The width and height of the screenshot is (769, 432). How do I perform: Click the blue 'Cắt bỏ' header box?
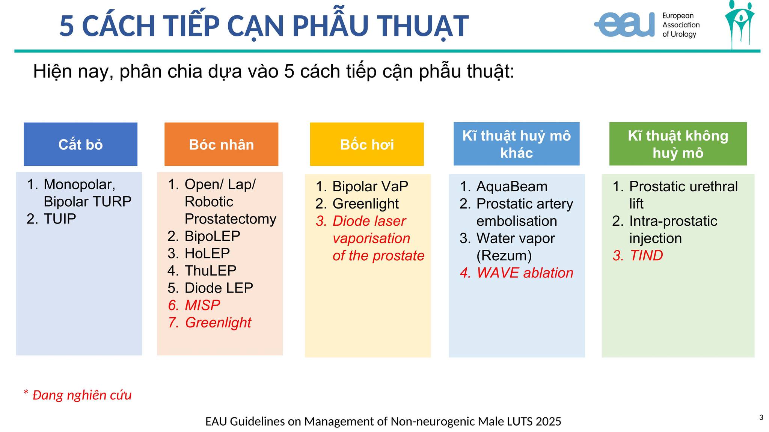pos(80,144)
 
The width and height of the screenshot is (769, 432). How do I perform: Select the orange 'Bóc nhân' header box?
pos(221,144)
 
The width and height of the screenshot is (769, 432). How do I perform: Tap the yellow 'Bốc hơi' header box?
pos(367,144)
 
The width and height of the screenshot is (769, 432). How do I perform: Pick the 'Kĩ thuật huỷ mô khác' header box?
pos(516,144)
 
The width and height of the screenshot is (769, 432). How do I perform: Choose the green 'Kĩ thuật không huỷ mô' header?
pos(678,144)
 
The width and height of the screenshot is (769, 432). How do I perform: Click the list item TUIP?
pos(60,219)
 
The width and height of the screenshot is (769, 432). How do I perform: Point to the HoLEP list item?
pos(207,253)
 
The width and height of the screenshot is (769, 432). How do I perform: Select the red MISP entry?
pos(202,305)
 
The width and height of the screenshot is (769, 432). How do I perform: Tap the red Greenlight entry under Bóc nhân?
pos(218,323)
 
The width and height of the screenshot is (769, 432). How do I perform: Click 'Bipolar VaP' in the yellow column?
pos(370,186)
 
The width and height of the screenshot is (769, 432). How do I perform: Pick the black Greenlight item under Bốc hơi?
pos(366,204)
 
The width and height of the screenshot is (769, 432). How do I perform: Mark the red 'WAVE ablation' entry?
pos(525,273)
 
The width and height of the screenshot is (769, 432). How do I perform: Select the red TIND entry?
pos(646,256)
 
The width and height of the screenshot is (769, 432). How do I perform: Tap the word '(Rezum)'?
pos(504,256)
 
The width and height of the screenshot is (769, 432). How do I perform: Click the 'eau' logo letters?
pos(624,24)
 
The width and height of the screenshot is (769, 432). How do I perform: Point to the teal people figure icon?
pos(739,24)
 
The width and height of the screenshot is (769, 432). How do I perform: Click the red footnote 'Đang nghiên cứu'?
pos(82,395)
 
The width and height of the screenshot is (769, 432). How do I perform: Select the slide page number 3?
pos(761,417)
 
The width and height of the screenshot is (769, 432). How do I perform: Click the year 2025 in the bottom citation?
pos(548,421)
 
